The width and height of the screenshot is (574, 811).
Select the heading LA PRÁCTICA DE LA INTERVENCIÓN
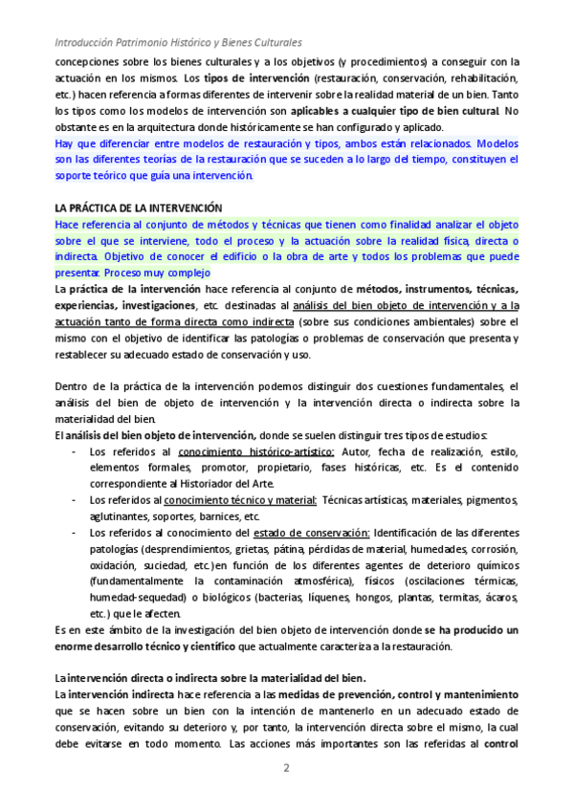(137, 207)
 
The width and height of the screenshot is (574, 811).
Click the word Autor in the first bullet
(356, 451)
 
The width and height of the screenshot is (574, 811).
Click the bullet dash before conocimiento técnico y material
(75, 500)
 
